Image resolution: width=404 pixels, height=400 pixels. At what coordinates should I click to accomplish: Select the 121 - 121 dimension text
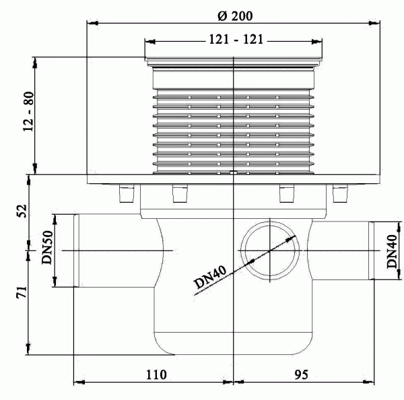coord(232,41)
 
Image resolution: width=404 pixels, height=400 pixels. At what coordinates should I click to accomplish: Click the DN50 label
coord(47,250)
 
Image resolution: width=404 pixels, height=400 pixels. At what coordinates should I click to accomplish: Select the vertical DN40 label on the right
coord(392,251)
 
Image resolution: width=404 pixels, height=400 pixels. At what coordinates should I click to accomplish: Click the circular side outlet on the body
coord(269,250)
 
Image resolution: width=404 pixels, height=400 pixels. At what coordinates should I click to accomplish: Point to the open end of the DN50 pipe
coord(73,250)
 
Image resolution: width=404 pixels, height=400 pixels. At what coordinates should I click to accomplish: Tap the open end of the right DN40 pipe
coord(372,251)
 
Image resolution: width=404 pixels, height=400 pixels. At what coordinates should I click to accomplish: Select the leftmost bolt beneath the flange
coord(123,194)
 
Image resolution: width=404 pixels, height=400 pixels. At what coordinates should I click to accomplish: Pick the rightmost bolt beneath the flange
coord(339,194)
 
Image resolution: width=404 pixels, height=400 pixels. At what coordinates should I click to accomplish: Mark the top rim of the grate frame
coord(232,59)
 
